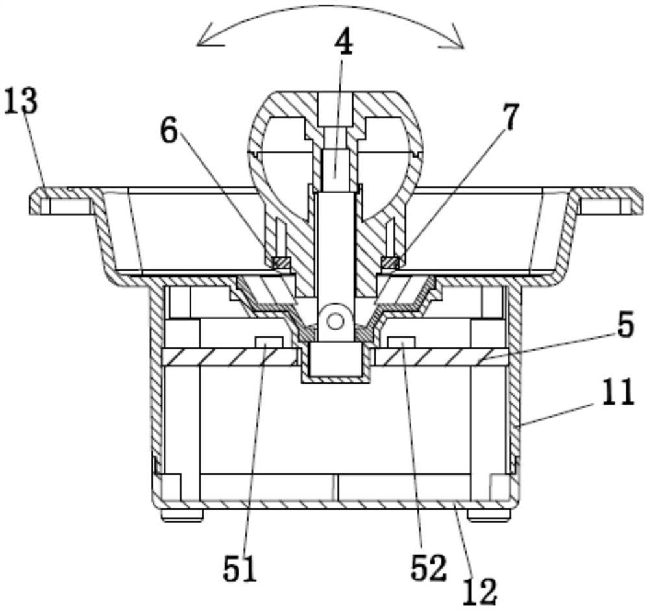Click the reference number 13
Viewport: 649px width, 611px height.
21,101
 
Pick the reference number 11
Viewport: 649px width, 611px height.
618,392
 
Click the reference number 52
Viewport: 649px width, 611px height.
428,567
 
